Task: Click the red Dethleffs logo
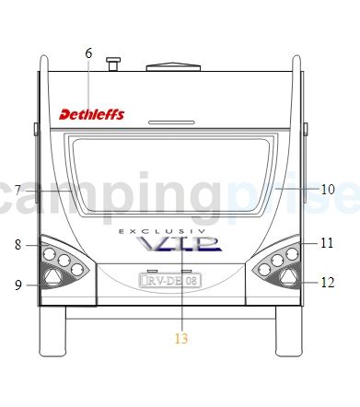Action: pyautogui.click(x=92, y=114)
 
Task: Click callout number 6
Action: pyautogui.click(x=88, y=53)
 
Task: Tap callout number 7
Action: pyautogui.click(x=18, y=191)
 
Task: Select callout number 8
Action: pyautogui.click(x=18, y=245)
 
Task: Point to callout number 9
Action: pyautogui.click(x=18, y=285)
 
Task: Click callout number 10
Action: pyautogui.click(x=328, y=189)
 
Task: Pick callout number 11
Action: pyautogui.click(x=327, y=243)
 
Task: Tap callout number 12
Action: pyautogui.click(x=328, y=283)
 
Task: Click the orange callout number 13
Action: pyautogui.click(x=181, y=338)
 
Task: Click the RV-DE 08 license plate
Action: pyautogui.click(x=170, y=280)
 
